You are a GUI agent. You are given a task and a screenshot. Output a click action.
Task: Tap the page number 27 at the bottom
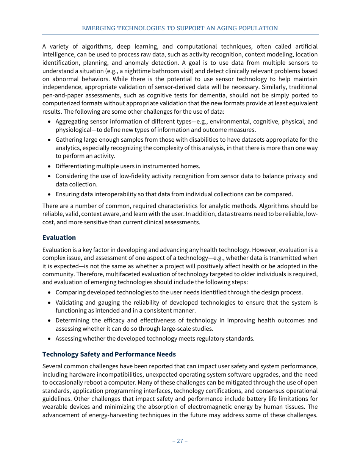point(180,441)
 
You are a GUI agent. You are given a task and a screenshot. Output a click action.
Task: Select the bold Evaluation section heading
point(59,238)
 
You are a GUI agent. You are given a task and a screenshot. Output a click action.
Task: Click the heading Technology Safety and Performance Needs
point(109,354)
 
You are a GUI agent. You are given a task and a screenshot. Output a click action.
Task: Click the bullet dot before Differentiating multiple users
point(50,166)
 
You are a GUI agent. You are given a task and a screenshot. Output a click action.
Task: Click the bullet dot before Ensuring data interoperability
point(50,194)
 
